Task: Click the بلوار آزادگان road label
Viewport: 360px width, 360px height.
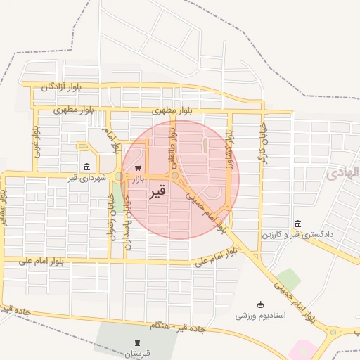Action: [60, 87]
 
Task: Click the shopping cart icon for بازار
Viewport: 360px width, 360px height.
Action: [138, 168]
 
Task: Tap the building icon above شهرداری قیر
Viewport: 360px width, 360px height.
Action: [86, 167]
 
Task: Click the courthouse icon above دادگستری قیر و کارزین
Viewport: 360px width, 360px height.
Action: [298, 223]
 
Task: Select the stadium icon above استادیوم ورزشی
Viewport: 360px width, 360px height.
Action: [261, 304]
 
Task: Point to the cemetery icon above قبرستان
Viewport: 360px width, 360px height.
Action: [136, 342]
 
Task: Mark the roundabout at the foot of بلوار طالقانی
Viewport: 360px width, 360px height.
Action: [174, 176]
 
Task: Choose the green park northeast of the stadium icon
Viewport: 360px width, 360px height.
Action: [288, 280]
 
